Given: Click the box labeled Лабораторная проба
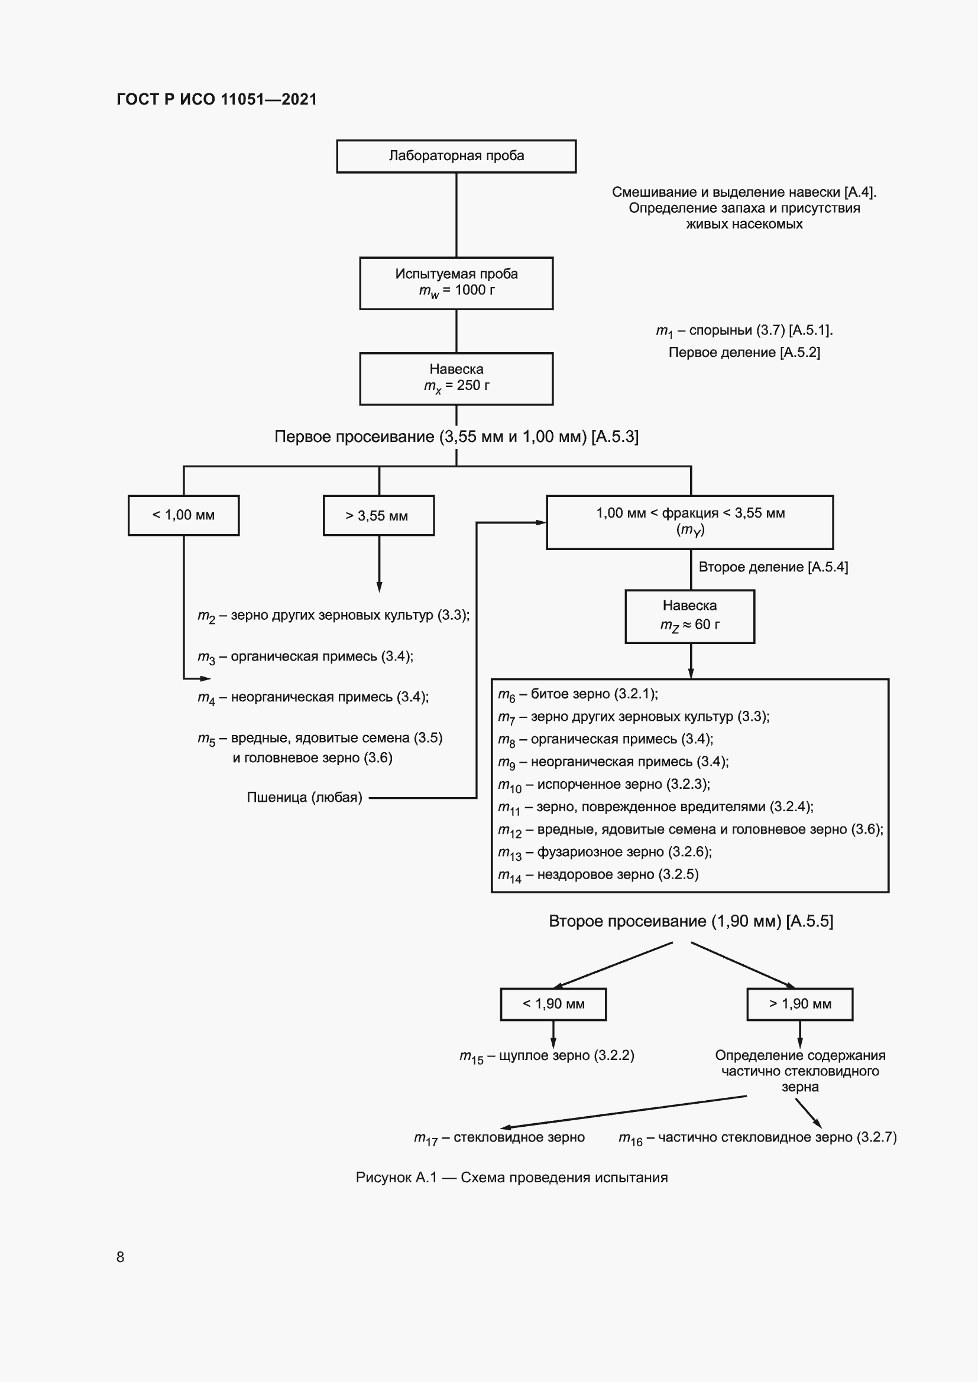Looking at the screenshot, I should pos(456,157).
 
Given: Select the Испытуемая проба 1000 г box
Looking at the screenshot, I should pos(456,283).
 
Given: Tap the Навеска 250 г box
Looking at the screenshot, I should pos(456,378).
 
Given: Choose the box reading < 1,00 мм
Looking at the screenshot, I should pos(183,515).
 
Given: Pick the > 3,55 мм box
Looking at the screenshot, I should pos(378,515).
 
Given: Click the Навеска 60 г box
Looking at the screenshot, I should pos(689,616).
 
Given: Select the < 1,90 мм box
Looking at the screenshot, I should pos(553,1003).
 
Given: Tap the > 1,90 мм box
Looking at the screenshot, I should pos(799,1003).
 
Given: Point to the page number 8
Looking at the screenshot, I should pos(121,1257).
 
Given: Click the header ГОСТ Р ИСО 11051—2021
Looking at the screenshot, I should pos(217,99).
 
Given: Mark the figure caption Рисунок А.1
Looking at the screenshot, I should pos(511,1178).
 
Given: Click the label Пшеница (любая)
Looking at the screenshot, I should pos(304,798).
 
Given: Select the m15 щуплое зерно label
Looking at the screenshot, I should pos(546,1056).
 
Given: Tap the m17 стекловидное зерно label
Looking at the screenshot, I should pos(499,1137).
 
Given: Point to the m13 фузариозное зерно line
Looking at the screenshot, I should pos(605,852).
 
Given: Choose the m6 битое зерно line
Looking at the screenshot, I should pos(578,694).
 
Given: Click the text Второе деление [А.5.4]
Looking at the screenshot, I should pos(773,567).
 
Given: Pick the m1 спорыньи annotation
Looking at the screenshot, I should pos(744,330).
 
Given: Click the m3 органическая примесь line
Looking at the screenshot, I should pos(305,656).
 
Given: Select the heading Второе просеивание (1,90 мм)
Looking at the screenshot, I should pos(691,921).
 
